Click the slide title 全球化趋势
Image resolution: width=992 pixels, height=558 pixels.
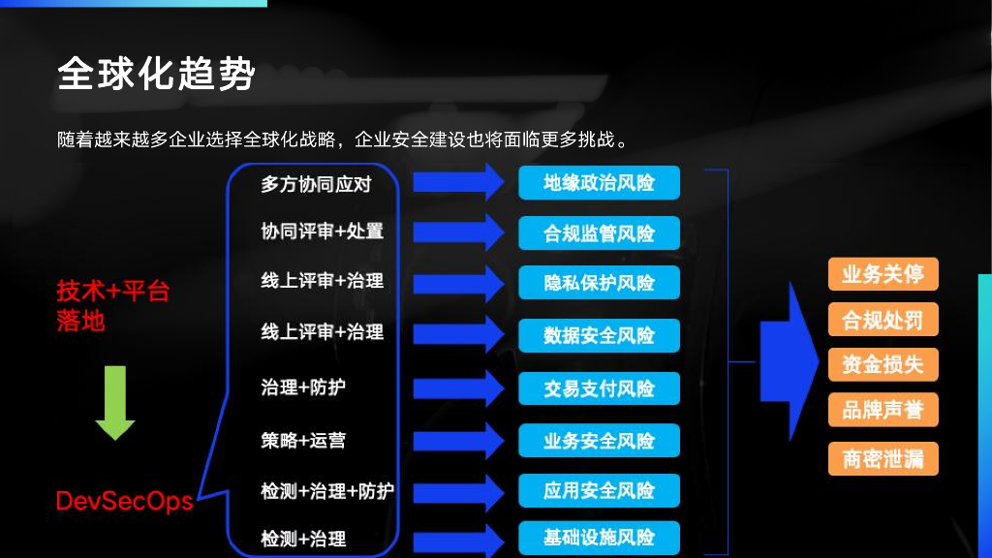coord(156,74)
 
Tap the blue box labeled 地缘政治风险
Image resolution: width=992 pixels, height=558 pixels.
coord(599,182)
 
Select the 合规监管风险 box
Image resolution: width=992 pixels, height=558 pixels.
coord(599,233)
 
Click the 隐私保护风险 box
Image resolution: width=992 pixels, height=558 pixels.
coord(599,283)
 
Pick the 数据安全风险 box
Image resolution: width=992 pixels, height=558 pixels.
coord(599,335)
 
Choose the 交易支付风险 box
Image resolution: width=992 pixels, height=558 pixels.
coord(599,388)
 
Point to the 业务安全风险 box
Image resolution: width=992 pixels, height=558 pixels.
coord(599,441)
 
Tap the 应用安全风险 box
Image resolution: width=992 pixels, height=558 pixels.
coord(599,490)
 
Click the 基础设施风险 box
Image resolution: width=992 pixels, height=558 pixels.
coord(599,538)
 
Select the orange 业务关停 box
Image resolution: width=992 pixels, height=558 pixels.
coord(883,274)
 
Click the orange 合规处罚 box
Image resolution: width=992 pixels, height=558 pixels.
coord(883,320)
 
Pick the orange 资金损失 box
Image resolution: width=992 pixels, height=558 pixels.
coord(883,364)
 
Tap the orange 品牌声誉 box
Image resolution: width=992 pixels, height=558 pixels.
coord(883,410)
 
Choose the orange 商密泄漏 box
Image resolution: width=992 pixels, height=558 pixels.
coord(883,458)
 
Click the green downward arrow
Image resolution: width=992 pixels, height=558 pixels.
coord(115,402)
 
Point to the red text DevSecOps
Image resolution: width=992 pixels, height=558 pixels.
coord(124,502)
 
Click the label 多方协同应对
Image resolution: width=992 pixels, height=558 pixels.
coord(315,183)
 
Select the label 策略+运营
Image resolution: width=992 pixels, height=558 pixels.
coord(302,440)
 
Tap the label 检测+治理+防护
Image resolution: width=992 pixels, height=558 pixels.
coord(326,490)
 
